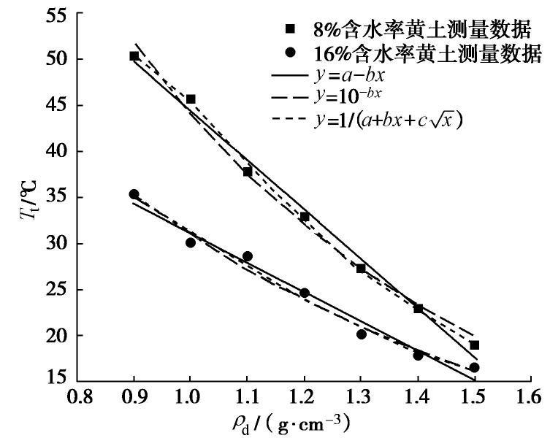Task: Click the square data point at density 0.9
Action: tap(134, 56)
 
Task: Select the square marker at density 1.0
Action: tap(191, 99)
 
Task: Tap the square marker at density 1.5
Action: tap(475, 345)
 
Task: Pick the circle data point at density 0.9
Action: tap(134, 194)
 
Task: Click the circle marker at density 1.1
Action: tap(248, 256)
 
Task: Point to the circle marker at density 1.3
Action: tap(361, 334)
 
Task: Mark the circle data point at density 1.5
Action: tap(475, 368)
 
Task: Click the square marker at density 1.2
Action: tap(305, 217)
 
